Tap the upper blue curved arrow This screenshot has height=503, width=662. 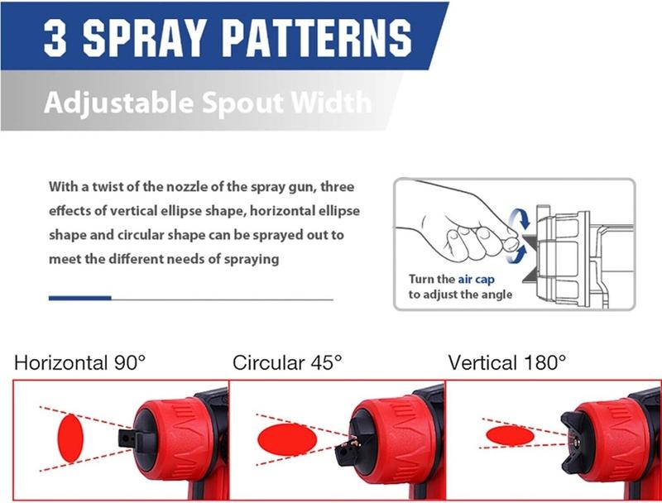520,218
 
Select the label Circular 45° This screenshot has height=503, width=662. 287,362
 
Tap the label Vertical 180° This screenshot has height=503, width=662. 507,362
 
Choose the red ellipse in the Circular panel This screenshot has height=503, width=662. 288,439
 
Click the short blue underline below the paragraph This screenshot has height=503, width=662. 79,298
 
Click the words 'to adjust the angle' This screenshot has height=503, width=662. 460,295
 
